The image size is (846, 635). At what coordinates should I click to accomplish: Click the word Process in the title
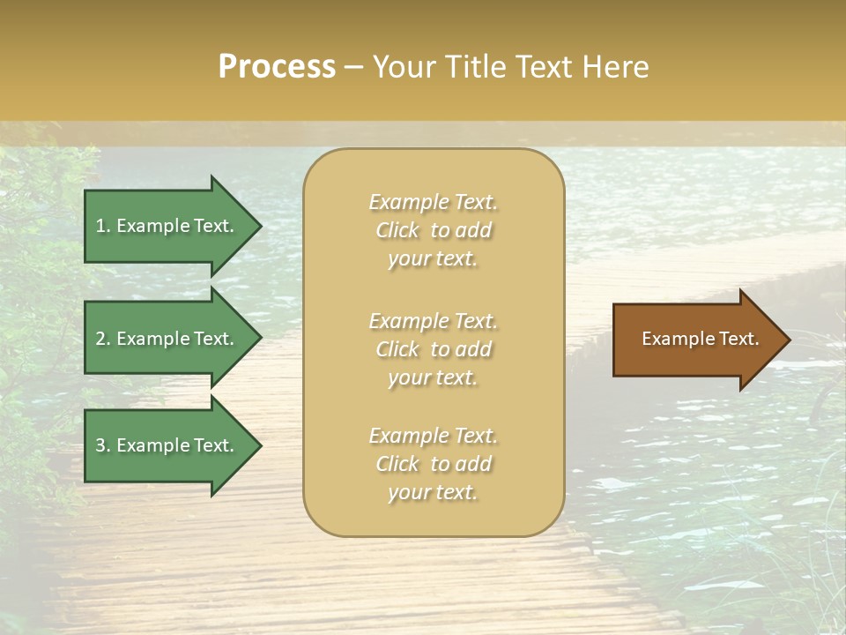(277, 67)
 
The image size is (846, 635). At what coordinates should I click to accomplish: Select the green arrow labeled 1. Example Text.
(167, 226)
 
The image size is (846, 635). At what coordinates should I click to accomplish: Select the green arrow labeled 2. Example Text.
(167, 339)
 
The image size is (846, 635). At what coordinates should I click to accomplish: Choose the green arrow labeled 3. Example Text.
(167, 445)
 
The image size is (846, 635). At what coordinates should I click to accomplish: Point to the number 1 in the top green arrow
(100, 226)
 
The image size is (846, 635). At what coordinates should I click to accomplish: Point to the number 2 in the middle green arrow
(100, 339)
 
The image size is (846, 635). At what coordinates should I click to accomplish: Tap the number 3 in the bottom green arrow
(100, 445)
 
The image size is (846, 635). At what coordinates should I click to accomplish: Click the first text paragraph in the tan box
(433, 230)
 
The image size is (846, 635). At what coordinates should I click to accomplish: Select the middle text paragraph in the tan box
(433, 349)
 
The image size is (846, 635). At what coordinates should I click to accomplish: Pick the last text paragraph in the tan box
(433, 464)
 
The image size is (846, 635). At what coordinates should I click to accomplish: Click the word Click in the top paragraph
(397, 230)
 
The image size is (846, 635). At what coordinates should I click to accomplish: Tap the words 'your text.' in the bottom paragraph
(433, 492)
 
